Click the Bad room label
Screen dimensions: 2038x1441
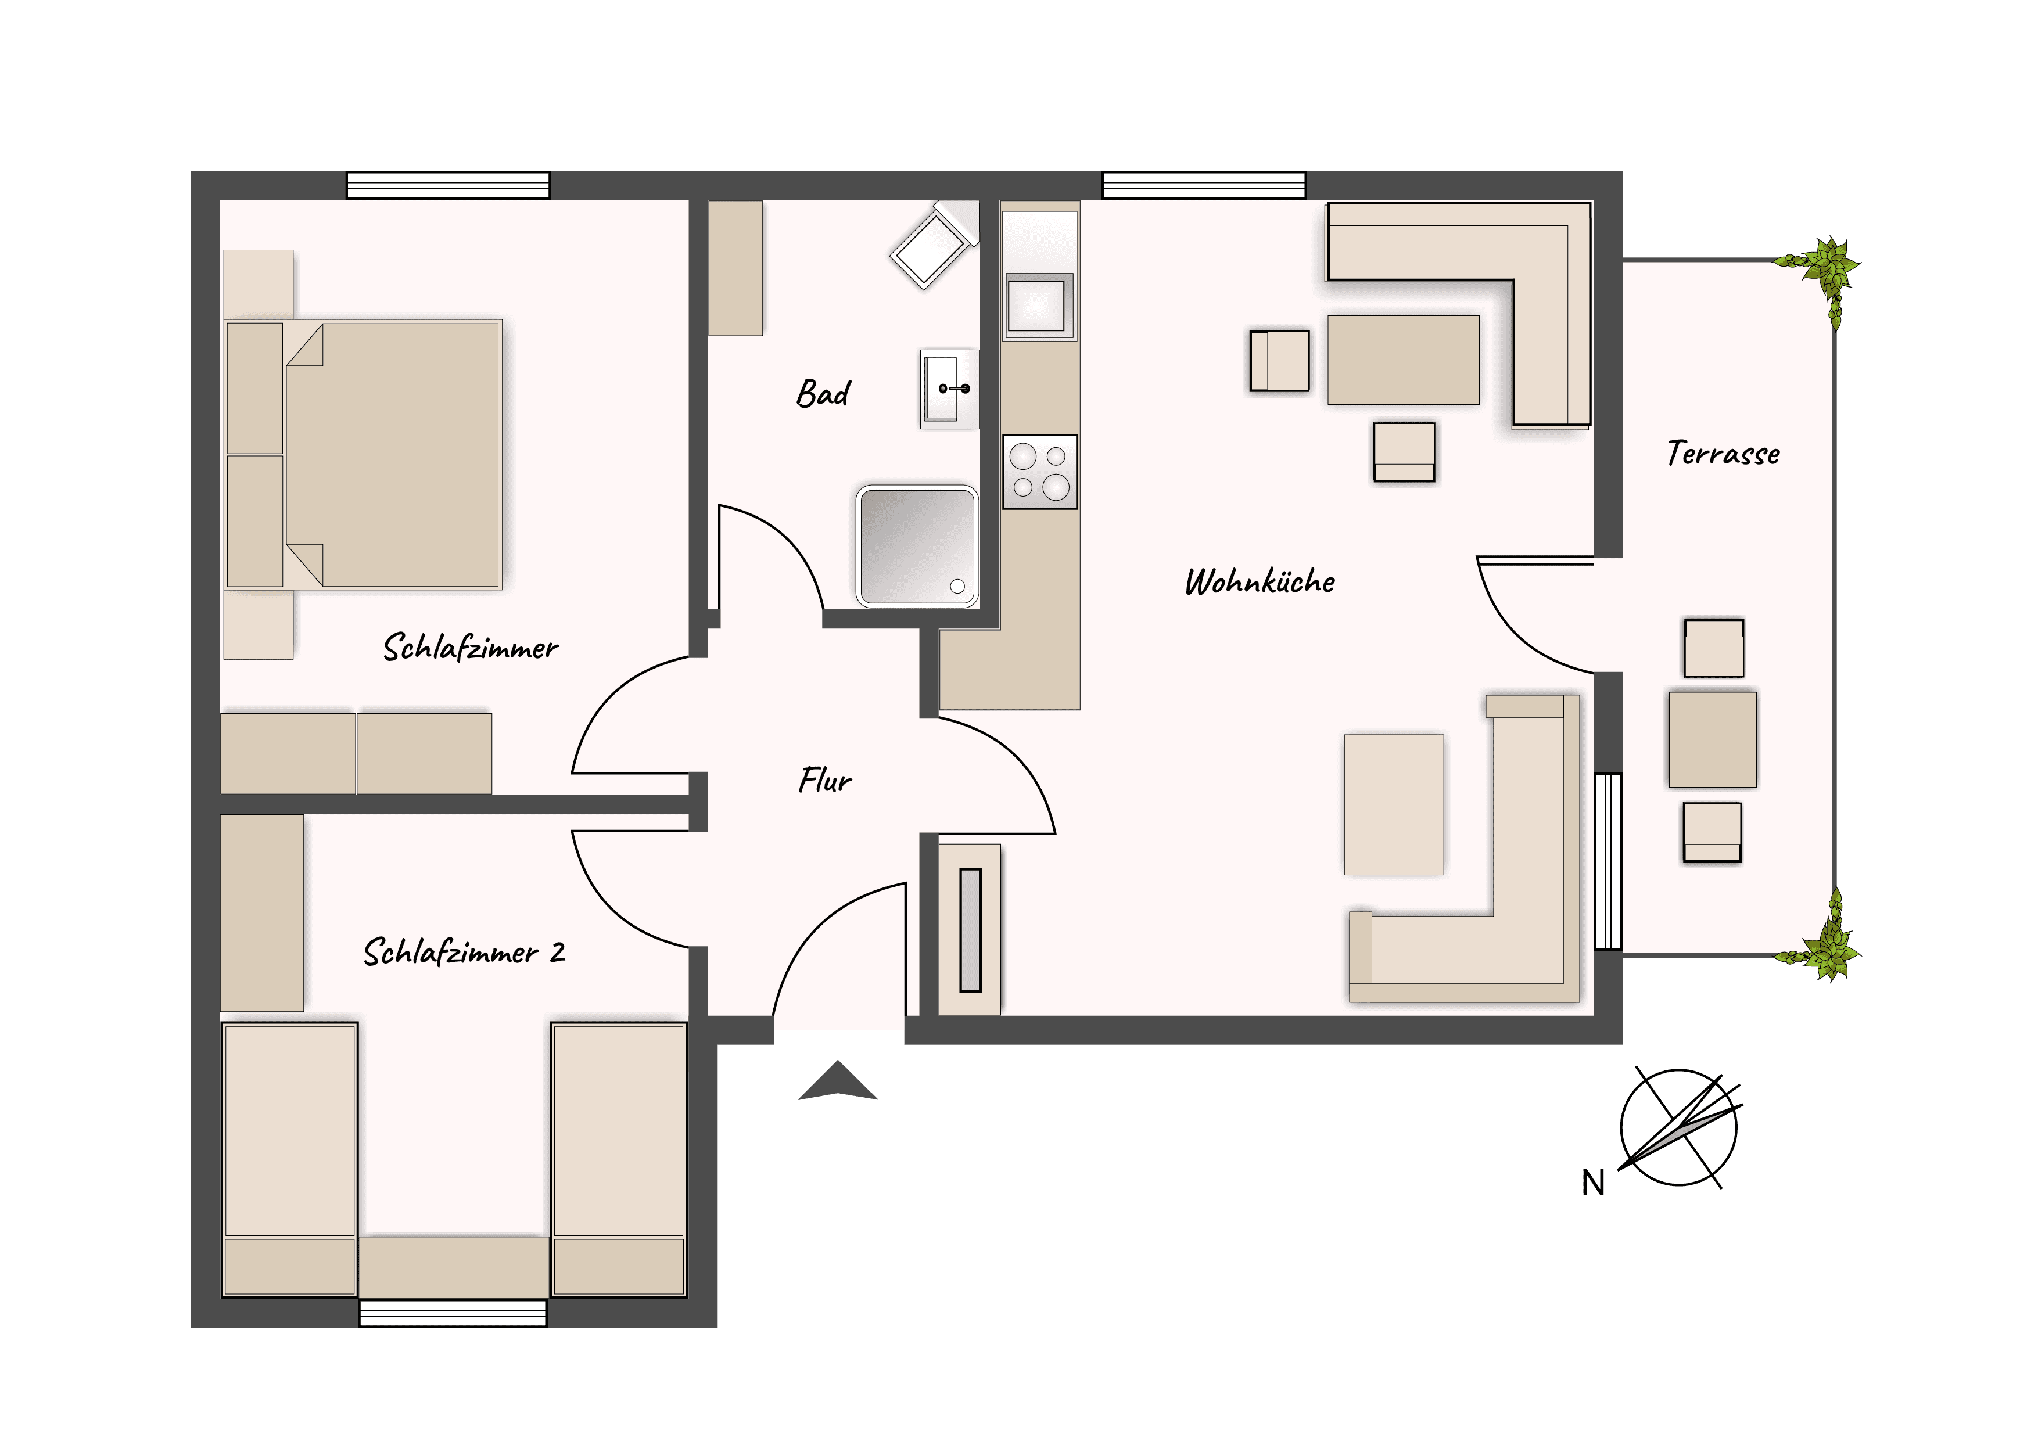coord(823,393)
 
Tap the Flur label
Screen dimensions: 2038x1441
coord(824,780)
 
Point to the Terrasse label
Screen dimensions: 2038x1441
coord(1723,454)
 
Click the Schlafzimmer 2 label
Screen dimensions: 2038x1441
coord(464,952)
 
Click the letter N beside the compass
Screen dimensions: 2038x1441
coord(1594,1183)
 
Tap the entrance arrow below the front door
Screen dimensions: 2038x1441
coord(838,1081)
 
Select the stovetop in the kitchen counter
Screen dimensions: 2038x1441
coord(1039,472)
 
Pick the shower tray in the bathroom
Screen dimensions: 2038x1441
coord(917,546)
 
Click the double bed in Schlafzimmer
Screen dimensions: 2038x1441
coord(364,454)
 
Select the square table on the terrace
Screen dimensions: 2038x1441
coord(1712,740)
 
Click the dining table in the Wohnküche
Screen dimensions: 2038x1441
coord(1404,360)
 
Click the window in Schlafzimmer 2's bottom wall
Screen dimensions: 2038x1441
coord(453,1313)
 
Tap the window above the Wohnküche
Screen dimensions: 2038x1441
coord(1204,185)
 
